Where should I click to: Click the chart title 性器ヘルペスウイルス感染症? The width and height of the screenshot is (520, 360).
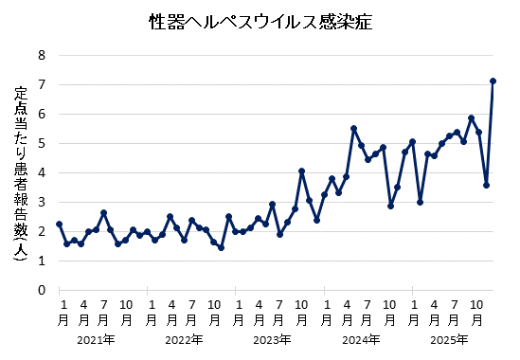pos(260,21)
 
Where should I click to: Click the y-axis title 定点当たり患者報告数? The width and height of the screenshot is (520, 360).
pos(21,177)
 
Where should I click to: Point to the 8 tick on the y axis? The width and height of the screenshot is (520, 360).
pos(42,55)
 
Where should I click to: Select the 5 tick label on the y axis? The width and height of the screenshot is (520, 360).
pos(42,143)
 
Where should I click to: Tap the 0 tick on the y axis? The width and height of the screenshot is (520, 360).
pos(42,290)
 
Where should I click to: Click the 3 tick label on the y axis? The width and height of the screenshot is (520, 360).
pos(42,202)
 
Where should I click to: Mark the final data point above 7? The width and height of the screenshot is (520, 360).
pos(493,81)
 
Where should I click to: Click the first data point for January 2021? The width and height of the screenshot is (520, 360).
pos(59,224)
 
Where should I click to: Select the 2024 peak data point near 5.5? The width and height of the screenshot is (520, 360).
pos(353,128)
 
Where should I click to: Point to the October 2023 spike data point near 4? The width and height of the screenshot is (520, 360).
pos(301,171)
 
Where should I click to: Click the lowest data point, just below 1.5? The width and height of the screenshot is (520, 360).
pos(221,247)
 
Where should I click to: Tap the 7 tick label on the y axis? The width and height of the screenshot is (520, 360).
pos(42,84)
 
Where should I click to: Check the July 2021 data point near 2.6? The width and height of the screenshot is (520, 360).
pos(103,213)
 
